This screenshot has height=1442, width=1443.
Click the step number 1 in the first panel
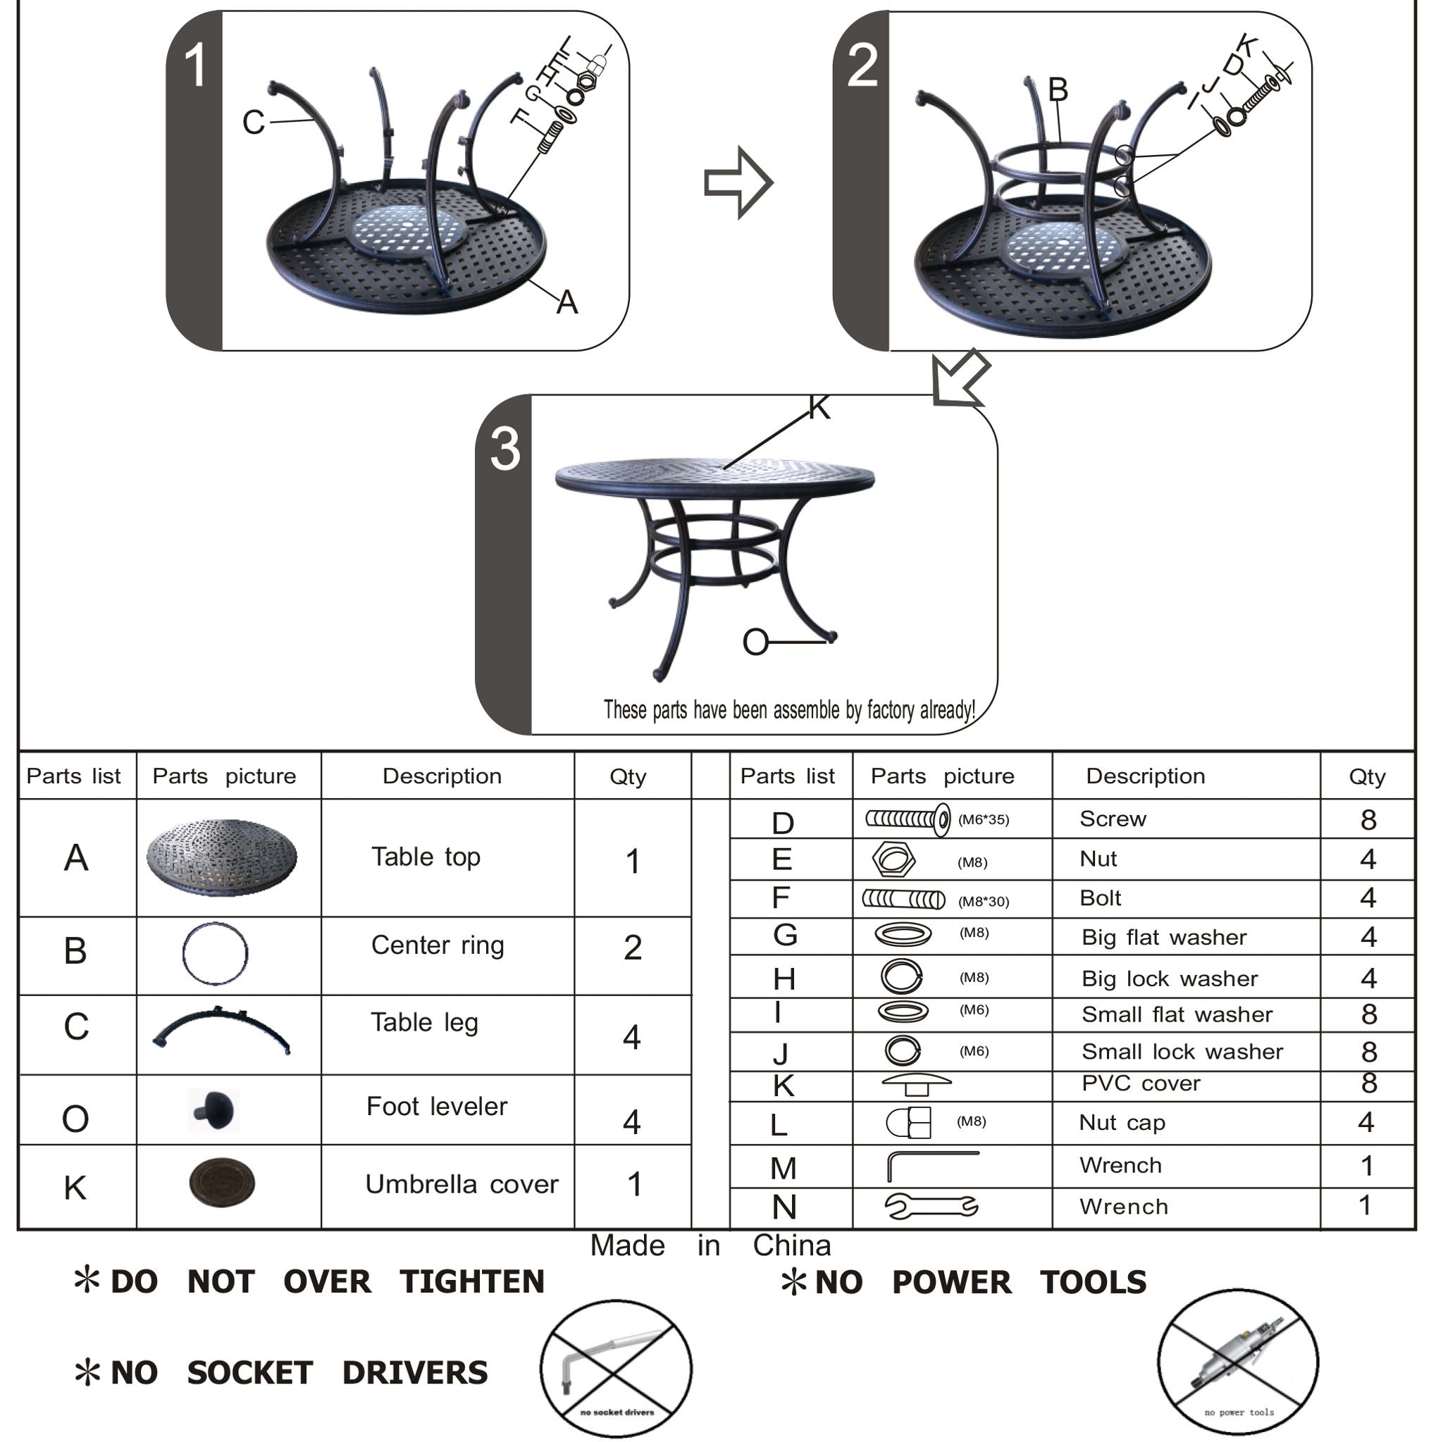[x=196, y=65]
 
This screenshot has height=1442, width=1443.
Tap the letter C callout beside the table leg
[x=253, y=122]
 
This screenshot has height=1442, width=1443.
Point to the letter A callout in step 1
[x=567, y=302]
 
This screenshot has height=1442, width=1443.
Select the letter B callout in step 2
[x=1058, y=89]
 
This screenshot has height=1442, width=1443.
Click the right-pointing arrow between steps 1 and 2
[x=738, y=183]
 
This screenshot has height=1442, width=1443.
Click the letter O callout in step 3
[x=755, y=642]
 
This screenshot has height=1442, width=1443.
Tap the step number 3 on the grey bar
[x=505, y=449]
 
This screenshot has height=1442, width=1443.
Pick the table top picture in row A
[x=222, y=857]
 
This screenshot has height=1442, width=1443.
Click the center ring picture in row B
[x=215, y=954]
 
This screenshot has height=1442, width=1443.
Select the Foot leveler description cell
[x=437, y=1106]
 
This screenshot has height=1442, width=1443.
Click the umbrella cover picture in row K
[x=222, y=1183]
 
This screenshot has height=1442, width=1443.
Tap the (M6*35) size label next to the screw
[x=983, y=820]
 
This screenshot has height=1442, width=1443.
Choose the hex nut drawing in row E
[x=893, y=859]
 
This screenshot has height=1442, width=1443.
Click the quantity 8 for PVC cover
[x=1368, y=1083]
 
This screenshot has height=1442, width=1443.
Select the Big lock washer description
[x=1170, y=978]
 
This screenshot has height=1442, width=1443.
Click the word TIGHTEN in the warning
[x=472, y=1281]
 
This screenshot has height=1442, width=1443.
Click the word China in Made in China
[x=791, y=1245]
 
